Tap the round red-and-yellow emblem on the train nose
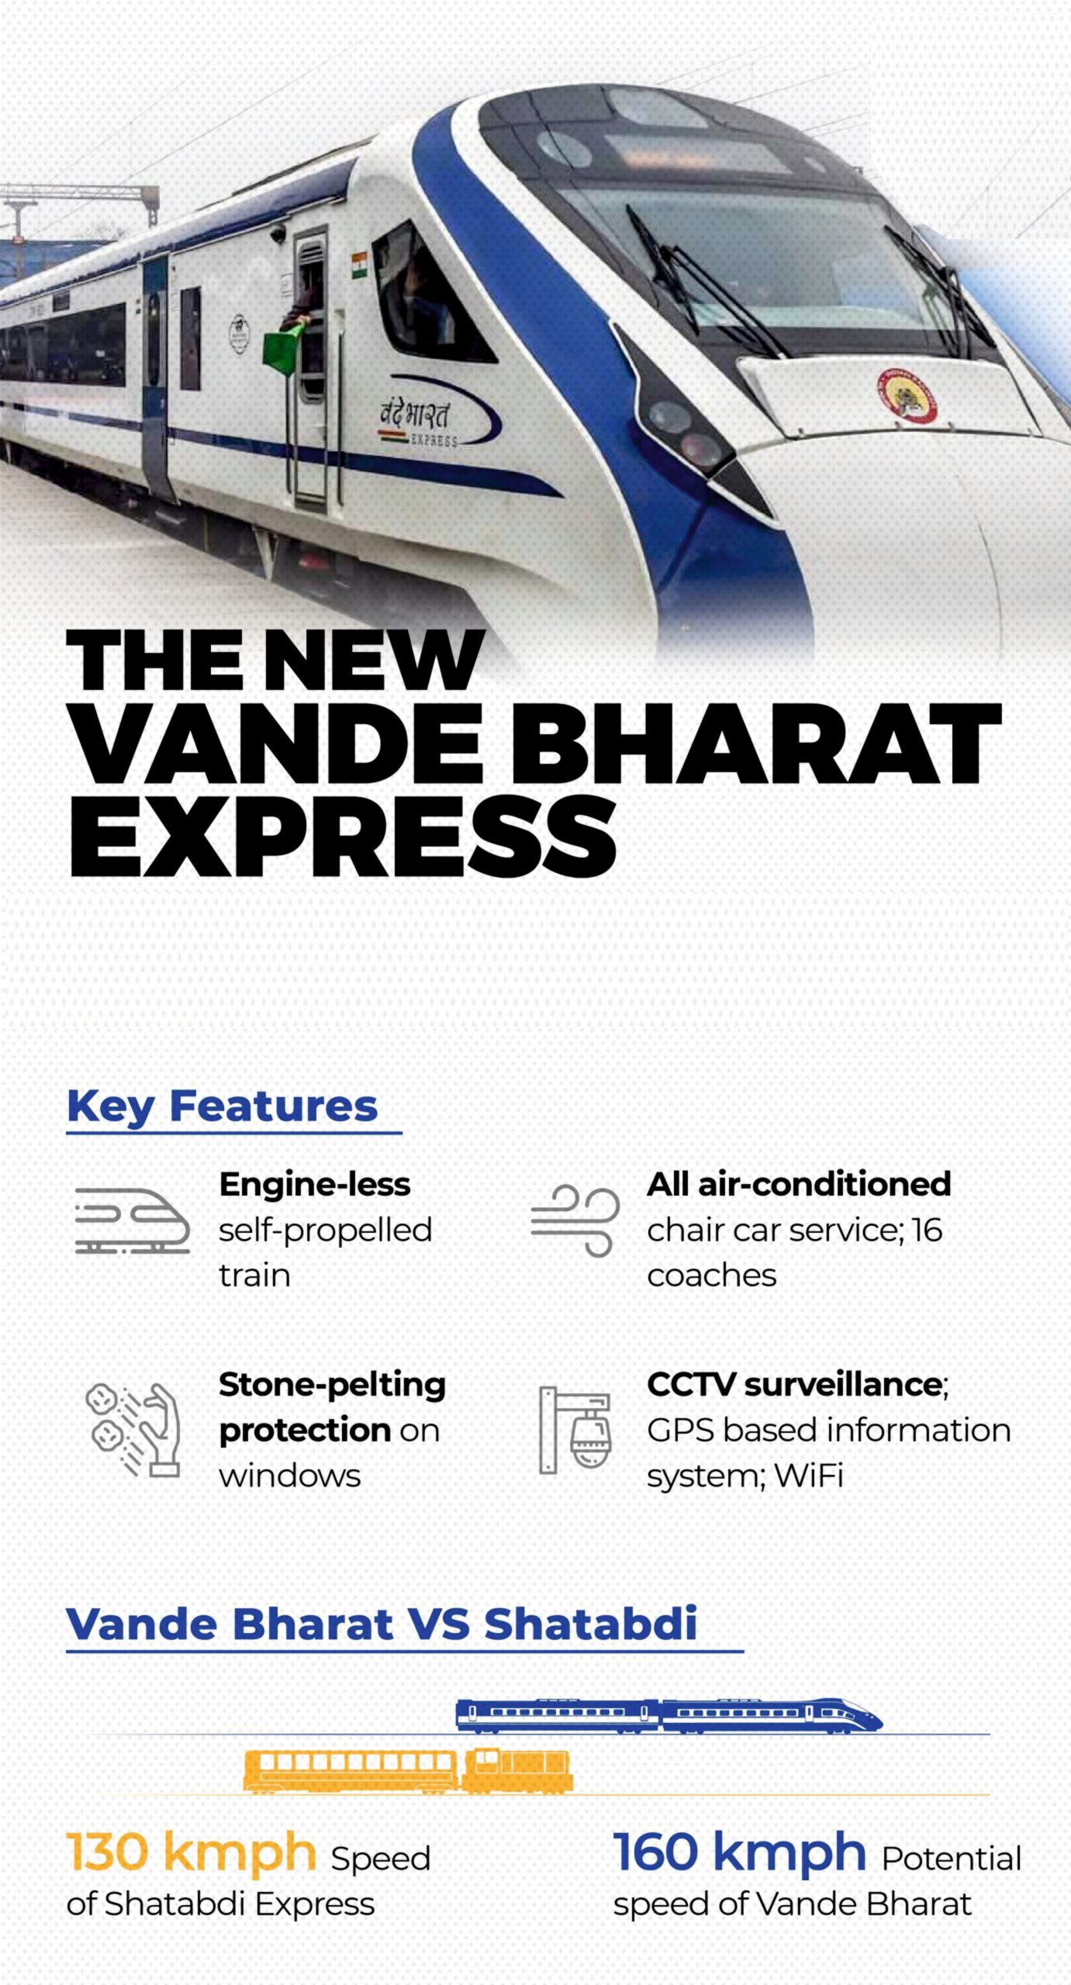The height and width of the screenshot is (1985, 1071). point(907,396)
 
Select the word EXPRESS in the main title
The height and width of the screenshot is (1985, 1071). point(343,837)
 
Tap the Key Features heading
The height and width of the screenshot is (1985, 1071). point(222,1106)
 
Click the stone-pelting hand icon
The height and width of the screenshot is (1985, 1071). point(133,1427)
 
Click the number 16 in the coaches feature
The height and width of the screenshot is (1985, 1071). point(927,1230)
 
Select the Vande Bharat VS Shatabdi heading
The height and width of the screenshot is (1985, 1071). point(382,1623)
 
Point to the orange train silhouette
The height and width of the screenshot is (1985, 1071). point(408,1770)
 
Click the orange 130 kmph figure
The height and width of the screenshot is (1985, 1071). point(191,1852)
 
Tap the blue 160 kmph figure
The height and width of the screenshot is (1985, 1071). point(739,1852)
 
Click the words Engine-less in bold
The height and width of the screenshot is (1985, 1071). point(314,1184)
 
